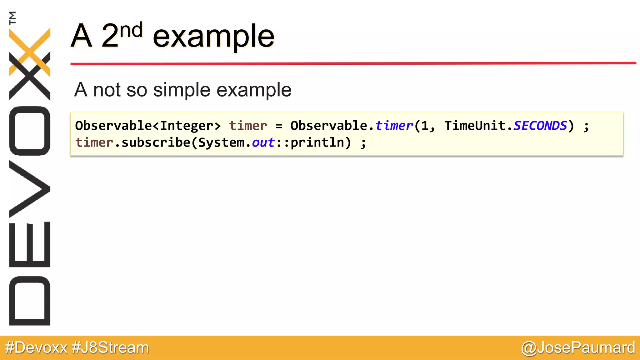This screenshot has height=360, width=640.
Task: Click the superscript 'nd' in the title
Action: (x=131, y=31)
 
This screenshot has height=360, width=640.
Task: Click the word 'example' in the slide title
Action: (x=213, y=37)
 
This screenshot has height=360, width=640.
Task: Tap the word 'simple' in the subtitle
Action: (x=182, y=90)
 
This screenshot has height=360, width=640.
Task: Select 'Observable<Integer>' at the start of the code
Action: (x=148, y=126)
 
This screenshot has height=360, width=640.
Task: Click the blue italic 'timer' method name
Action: (x=394, y=126)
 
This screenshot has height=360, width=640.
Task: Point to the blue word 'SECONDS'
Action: (x=540, y=126)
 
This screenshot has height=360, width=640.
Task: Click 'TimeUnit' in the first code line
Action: (x=474, y=126)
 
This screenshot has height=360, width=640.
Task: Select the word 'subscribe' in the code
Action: (x=156, y=142)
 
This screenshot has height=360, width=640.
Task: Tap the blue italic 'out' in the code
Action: (x=263, y=142)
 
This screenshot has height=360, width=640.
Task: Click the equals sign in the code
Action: (x=279, y=126)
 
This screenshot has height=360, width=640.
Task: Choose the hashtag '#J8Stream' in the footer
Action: (x=110, y=347)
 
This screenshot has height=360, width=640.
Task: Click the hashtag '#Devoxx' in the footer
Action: (x=36, y=347)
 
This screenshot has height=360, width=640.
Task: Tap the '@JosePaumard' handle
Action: (x=578, y=347)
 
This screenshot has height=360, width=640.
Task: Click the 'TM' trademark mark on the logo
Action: (x=12, y=18)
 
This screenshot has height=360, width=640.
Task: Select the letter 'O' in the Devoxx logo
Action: (x=30, y=131)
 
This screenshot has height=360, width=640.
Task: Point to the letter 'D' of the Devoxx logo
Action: (x=30, y=301)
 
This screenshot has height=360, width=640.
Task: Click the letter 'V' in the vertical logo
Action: (x=30, y=189)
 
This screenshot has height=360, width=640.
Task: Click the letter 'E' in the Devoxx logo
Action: (x=30, y=244)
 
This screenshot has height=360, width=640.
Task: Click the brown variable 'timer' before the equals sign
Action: (x=248, y=126)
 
